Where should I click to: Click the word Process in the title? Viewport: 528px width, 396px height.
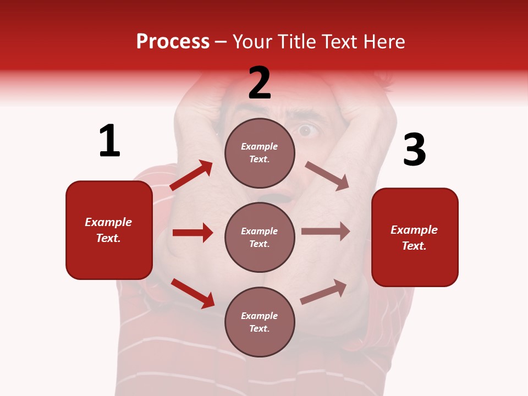pyautogui.click(x=173, y=42)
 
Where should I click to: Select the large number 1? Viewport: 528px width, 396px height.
pyautogui.click(x=109, y=141)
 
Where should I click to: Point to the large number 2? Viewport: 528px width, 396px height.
pyautogui.click(x=260, y=83)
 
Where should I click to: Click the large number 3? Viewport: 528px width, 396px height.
pyautogui.click(x=414, y=150)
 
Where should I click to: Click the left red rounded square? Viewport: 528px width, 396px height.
pyautogui.click(x=109, y=230)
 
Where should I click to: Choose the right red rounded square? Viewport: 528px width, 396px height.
pyautogui.click(x=415, y=238)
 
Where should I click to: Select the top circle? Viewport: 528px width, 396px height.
pyautogui.click(x=260, y=153)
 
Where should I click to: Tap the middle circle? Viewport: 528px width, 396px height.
pyautogui.click(x=260, y=237)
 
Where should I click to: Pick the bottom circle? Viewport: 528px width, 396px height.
pyautogui.click(x=260, y=322)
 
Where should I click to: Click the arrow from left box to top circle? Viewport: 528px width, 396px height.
pyautogui.click(x=191, y=175)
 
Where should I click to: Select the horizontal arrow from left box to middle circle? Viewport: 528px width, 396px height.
pyautogui.click(x=193, y=233)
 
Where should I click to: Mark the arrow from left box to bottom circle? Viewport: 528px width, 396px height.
pyautogui.click(x=193, y=293)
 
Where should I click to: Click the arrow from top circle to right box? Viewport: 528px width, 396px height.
pyautogui.click(x=327, y=176)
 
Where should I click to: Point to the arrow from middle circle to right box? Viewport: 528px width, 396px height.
pyautogui.click(x=326, y=232)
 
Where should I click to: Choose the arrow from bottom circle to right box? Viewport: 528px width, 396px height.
pyautogui.click(x=324, y=291)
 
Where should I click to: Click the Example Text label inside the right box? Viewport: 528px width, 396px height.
pyautogui.click(x=414, y=238)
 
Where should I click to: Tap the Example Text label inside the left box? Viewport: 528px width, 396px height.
pyautogui.click(x=108, y=230)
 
